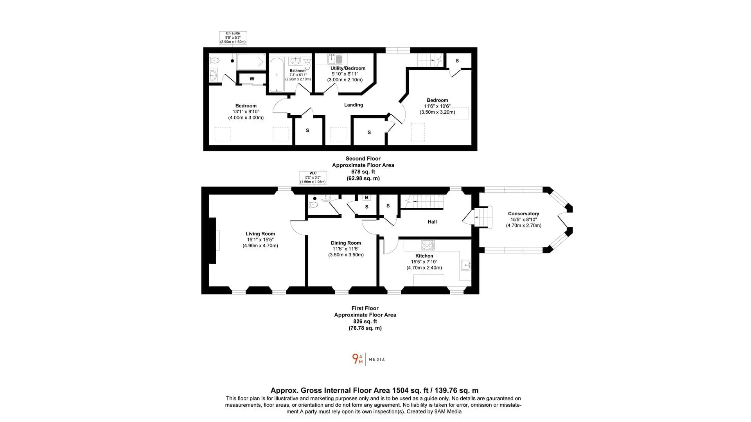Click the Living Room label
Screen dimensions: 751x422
tap(260, 234)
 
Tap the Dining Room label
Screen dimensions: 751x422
tap(346, 243)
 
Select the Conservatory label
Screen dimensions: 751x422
tap(523, 214)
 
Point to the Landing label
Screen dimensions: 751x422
tap(354, 105)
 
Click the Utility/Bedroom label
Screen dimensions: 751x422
tap(348, 68)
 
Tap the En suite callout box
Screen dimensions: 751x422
tap(233, 38)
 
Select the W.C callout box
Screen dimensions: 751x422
tap(313, 177)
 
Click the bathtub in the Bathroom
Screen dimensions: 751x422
tap(277, 75)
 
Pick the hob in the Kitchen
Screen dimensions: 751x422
tap(428, 245)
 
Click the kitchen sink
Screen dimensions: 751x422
tap(466, 265)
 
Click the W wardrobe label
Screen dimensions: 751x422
tap(252, 79)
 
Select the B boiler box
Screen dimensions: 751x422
tap(367, 198)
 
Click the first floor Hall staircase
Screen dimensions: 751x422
tap(424, 202)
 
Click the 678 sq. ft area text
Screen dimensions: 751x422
tap(363, 172)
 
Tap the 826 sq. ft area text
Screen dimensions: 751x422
tap(365, 321)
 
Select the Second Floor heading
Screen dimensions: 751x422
tap(363, 159)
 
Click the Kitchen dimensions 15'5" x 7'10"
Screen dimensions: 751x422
tap(424, 262)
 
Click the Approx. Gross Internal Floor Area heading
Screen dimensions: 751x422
tap(374, 390)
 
